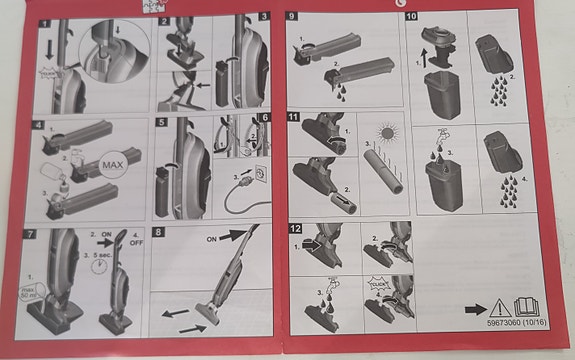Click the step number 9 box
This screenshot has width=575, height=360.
(x=292, y=18)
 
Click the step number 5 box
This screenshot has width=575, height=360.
(x=162, y=126)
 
